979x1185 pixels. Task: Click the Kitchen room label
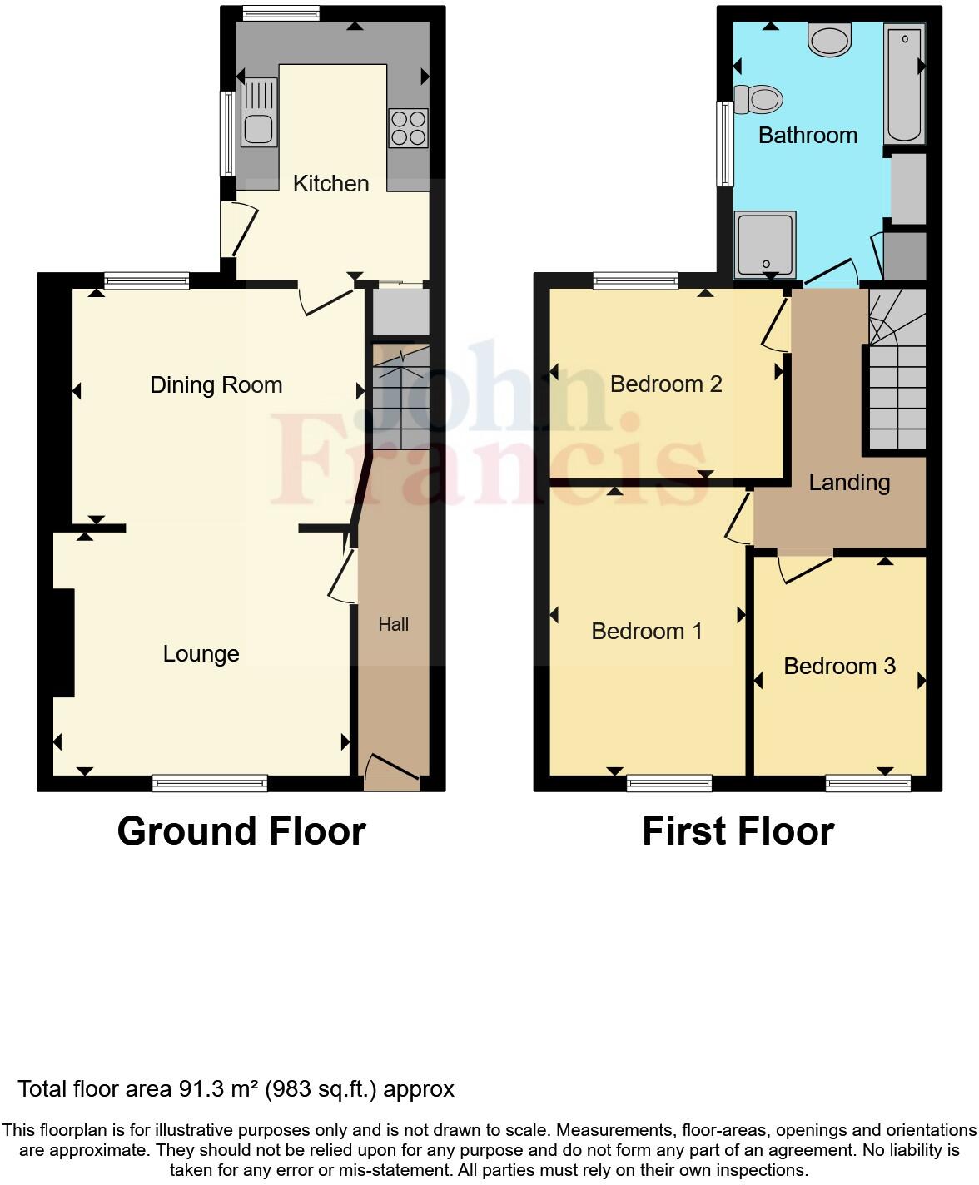point(330,183)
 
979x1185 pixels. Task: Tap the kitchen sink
point(259,112)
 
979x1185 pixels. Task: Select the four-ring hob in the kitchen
point(408,128)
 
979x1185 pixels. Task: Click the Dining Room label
point(216,384)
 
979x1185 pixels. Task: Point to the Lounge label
point(201,654)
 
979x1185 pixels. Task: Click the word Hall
point(394,624)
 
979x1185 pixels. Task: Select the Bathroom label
point(808,135)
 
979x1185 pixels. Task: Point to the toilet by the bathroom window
point(759,99)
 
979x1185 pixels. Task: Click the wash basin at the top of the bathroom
point(830,39)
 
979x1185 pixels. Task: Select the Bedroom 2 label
point(666,384)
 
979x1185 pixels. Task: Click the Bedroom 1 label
point(647,631)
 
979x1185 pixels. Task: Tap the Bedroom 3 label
point(839,666)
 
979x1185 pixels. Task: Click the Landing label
point(849,482)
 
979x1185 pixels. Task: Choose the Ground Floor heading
point(241,830)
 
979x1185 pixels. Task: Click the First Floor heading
point(738,830)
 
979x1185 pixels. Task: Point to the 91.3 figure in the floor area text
point(198,1088)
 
